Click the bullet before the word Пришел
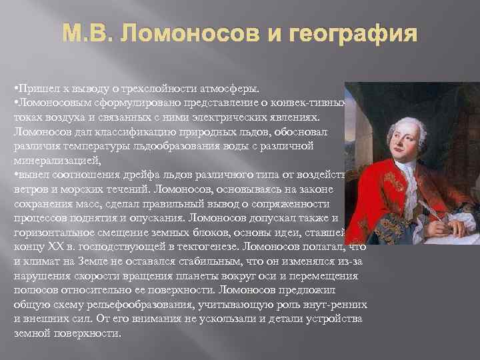click(x=15, y=89)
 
